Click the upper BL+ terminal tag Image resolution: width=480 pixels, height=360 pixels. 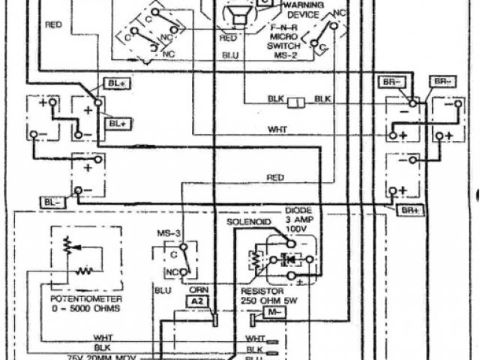(119, 85)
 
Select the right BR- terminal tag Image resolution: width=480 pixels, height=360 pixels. (441, 80)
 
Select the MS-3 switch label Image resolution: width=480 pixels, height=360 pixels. (169, 235)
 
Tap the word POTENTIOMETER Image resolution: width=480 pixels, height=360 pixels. (82, 298)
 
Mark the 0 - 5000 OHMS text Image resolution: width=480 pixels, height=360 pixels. (82, 307)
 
